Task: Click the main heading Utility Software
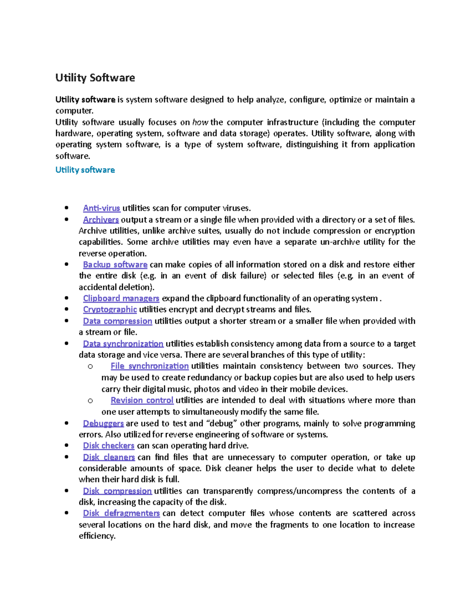[x=95, y=78]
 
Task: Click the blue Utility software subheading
[x=85, y=170]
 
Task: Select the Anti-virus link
[x=101, y=208]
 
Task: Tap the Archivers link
[x=101, y=220]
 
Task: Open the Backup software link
[x=115, y=265]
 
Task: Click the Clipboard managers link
[x=121, y=298]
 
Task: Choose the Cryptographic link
[x=110, y=309]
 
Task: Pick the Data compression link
[x=117, y=321]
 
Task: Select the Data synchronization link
[x=123, y=344]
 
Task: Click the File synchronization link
[x=150, y=366]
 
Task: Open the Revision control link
[x=142, y=400]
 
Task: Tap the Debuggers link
[x=103, y=424]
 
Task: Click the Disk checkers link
[x=109, y=446]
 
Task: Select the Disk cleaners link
[x=109, y=457]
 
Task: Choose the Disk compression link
[x=117, y=491]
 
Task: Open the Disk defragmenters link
[x=121, y=513]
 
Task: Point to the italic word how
[x=200, y=122]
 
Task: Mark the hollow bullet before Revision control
[x=90, y=401]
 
